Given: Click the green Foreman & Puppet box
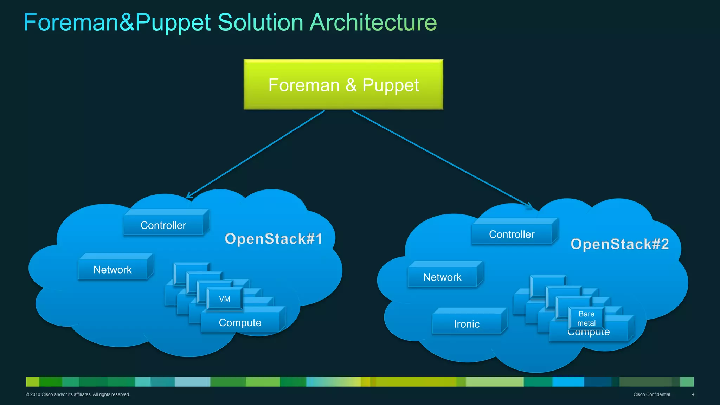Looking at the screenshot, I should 343,84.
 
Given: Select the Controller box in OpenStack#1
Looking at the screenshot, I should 163,225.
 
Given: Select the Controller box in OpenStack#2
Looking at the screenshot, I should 512,234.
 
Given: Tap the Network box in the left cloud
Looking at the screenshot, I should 112,270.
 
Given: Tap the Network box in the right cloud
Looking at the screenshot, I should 442,277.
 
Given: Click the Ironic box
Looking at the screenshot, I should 467,324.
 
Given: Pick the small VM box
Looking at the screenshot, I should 225,299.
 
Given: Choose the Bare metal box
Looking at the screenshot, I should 586,318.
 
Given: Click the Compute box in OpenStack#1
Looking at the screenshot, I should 240,323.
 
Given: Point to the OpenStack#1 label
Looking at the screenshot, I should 274,239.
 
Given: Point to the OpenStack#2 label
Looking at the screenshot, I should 619,244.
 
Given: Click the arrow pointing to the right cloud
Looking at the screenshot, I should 441,158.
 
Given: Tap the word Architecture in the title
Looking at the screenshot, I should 373,22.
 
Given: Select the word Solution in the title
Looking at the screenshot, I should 261,22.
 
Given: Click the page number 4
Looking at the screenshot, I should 693,394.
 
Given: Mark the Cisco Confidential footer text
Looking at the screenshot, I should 651,394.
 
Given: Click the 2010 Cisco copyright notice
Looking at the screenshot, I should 78,394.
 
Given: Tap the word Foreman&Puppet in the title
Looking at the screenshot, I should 117,22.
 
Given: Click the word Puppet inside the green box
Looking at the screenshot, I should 390,85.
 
